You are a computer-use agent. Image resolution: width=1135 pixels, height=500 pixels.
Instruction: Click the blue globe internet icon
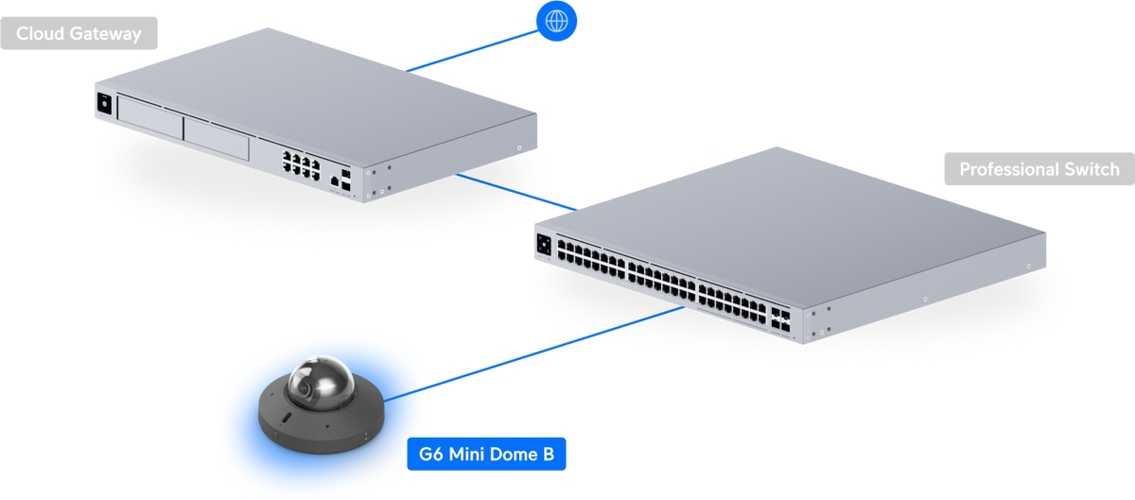[x=556, y=21]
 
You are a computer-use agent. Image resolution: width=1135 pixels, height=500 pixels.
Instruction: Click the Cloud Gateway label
[x=79, y=33]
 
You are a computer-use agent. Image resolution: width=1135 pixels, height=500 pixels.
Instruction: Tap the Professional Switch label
[x=1039, y=169]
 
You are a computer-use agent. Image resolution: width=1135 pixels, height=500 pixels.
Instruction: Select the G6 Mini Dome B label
[x=486, y=454]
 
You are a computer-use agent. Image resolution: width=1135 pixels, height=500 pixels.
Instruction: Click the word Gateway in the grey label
[x=105, y=34]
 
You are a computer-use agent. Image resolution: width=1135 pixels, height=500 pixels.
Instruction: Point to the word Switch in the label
[x=1091, y=169]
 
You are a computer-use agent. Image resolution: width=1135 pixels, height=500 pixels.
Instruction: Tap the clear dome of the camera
[x=321, y=383]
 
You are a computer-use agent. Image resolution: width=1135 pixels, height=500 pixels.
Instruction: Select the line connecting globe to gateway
[x=472, y=51]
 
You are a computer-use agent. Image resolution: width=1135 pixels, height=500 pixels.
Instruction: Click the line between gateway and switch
[x=516, y=192]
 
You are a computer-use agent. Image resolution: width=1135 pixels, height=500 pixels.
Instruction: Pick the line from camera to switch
[x=534, y=354]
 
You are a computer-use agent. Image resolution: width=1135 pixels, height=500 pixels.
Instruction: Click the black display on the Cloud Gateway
[x=104, y=104]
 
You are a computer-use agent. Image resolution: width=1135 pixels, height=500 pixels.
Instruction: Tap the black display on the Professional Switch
[x=544, y=245]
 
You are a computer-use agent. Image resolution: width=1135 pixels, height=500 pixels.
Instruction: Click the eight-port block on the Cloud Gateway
[x=302, y=165]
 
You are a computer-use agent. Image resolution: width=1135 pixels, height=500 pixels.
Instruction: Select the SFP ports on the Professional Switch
[x=780, y=320]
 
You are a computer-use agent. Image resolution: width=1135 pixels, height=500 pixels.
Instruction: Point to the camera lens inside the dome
[x=306, y=388]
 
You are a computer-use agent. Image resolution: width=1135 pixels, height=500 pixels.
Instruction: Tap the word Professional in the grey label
[x=1009, y=169]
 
